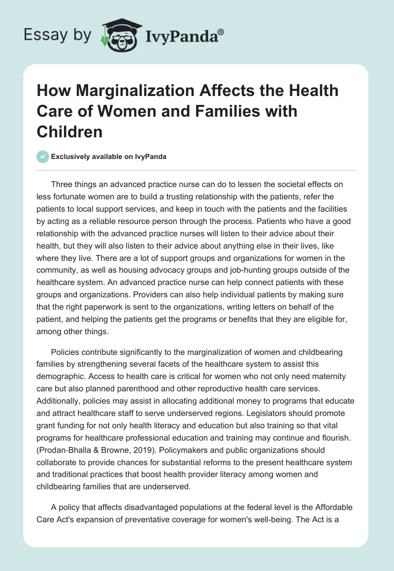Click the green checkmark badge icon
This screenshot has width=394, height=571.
click(43, 157)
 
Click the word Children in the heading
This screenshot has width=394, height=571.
click(69, 131)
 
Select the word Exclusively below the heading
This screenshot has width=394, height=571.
click(70, 157)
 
